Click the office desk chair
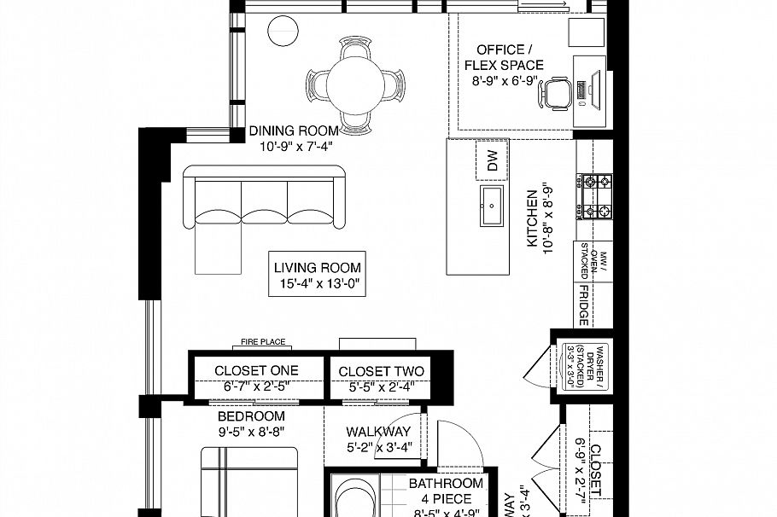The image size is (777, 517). click(556, 91)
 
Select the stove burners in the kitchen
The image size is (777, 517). click(594, 195)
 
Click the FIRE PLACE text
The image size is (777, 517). click(262, 342)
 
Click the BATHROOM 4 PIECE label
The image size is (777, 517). click(445, 491)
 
